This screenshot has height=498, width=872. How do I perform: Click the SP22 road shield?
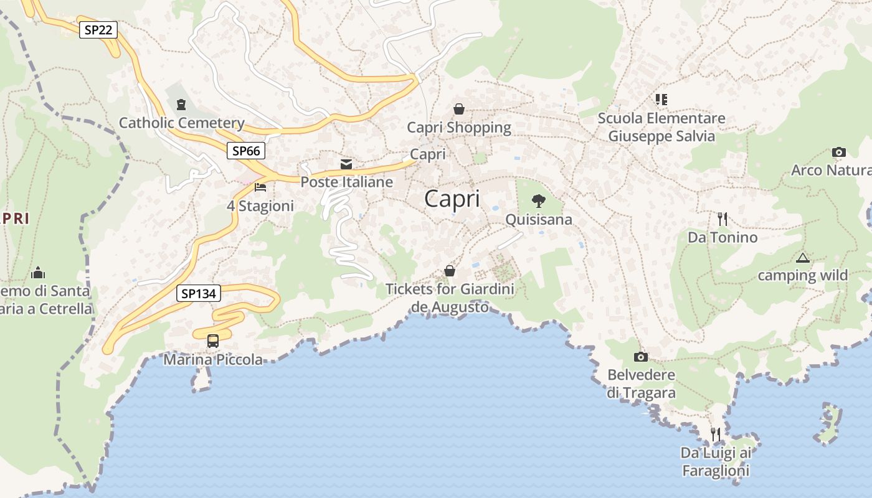pos(98,29)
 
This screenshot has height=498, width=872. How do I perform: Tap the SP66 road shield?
pos(246,150)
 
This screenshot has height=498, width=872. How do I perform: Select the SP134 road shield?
pos(199,293)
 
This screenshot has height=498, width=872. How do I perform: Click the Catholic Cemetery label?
pos(181,123)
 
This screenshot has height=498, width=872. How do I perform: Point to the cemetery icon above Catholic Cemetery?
pos(181,104)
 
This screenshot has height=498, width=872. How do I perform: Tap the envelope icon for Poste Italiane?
pos(346,164)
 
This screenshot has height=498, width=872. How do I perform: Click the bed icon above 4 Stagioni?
pos(260,187)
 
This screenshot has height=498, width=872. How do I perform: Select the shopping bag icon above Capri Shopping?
pos(459,109)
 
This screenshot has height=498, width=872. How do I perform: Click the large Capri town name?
pos(452,199)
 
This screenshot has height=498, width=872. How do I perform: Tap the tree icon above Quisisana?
pos(539,200)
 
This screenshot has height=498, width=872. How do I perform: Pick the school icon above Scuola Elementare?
pos(661,99)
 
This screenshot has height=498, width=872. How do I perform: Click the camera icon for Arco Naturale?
pos(839,152)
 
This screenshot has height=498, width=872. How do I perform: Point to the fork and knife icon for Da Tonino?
pos(723,218)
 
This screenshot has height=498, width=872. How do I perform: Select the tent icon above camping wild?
pos(802,257)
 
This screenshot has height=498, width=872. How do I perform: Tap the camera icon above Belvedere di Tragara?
pos(640,357)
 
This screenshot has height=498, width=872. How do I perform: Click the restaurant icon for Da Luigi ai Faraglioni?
pos(716,434)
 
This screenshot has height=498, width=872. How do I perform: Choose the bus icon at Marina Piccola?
pos(213,341)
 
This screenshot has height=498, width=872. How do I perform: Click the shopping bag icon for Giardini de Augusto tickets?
pos(450,271)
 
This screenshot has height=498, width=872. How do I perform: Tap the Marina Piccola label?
pos(213,360)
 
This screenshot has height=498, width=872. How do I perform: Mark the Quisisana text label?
pos(539,220)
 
